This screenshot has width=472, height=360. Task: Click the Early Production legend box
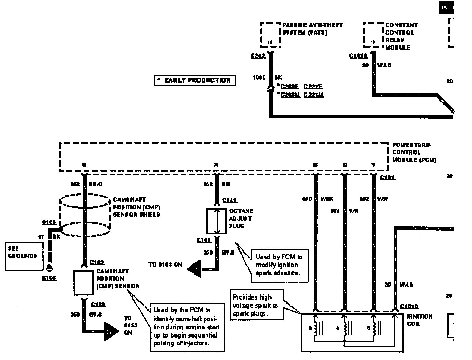[x=195, y=80]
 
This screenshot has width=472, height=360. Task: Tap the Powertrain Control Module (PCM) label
[x=414, y=152]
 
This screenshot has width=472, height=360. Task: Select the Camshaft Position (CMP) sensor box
[x=84, y=282]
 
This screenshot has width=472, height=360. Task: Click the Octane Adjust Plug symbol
[x=217, y=221]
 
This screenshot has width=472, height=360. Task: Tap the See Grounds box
[x=24, y=256]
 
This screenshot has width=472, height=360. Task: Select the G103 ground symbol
[x=49, y=268]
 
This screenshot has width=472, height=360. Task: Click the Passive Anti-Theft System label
[x=312, y=29]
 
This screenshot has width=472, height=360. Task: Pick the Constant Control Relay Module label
[x=401, y=36]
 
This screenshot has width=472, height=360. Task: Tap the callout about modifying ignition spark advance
[x=279, y=265]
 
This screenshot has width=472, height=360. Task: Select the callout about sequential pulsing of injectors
[x=187, y=327]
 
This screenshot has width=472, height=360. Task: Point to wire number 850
[x=306, y=199]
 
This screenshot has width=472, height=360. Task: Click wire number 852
[x=364, y=199]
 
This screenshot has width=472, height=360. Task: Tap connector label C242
[x=258, y=56]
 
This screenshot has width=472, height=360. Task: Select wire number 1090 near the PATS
[x=259, y=78]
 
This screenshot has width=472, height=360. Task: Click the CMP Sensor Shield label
[x=136, y=207]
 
